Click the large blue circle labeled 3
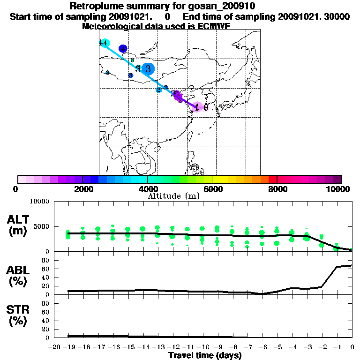coord(148,68)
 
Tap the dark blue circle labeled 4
coord(123,48)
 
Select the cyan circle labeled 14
coord(105,43)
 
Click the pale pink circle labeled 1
coord(198,107)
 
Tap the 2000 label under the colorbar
coord(82,189)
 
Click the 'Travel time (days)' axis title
coord(205,356)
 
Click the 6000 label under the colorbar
coord(212,189)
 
